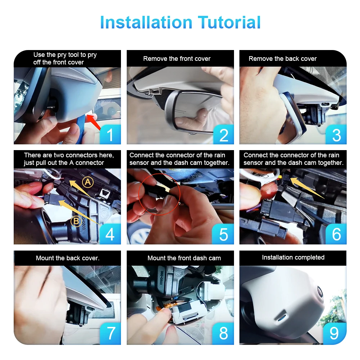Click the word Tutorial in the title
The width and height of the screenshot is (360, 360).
point(229,22)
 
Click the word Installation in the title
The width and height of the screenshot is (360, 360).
point(146,22)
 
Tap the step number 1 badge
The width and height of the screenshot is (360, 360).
point(110,135)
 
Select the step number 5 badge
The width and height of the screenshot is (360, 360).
point(223,234)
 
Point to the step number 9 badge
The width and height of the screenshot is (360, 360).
point(334,334)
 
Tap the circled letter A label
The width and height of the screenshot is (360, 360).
point(88,182)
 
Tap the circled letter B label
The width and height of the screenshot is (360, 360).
point(76,221)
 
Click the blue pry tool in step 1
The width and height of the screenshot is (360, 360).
point(81,129)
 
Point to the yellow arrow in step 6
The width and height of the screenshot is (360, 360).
point(307,188)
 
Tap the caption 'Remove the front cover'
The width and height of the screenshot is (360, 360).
point(177,59)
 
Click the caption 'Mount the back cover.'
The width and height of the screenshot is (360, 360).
point(68,258)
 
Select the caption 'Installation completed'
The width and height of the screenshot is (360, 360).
point(293,257)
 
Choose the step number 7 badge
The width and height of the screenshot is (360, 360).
point(111,334)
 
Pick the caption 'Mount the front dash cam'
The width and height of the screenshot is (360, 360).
point(184,258)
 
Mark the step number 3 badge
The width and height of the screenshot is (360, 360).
point(336,135)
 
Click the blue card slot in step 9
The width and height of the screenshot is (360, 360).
point(281,319)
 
